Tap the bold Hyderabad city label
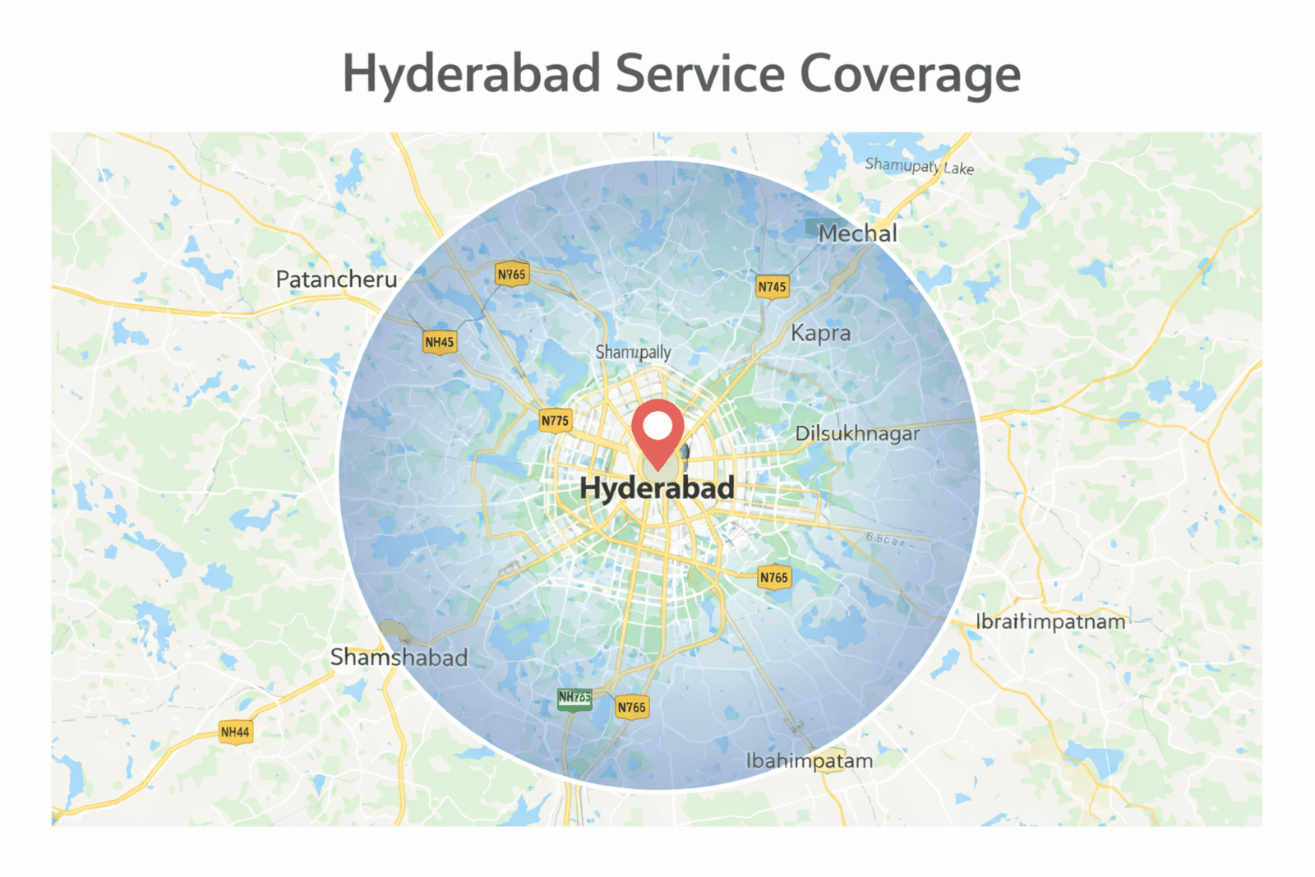coord(657,488)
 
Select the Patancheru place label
coord(336,279)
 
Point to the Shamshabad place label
coord(399,658)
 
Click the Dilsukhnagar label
coord(857,433)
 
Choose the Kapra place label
coord(820,333)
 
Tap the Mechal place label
coord(857,233)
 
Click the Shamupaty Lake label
coord(919,166)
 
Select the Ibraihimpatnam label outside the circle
coord(1050,621)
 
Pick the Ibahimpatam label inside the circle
coord(809,761)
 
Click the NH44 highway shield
coord(235,732)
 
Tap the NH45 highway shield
coord(440,342)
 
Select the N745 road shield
coord(772,287)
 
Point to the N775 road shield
coord(555,421)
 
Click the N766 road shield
coord(631,707)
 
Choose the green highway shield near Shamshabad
coord(574,698)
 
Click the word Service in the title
coord(700,74)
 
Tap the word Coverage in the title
coord(910,74)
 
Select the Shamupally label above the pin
coord(633,352)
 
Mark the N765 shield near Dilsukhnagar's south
coord(773,577)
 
